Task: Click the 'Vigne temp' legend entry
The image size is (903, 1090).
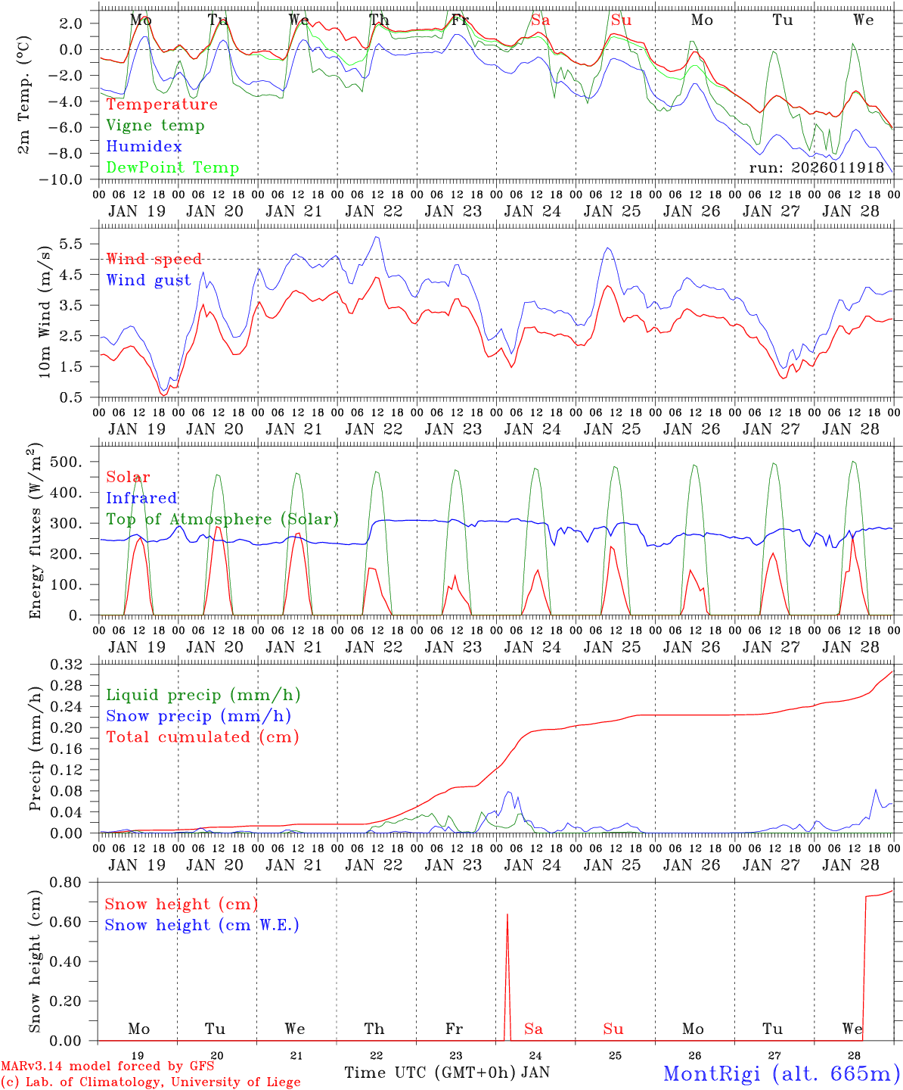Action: [155, 126]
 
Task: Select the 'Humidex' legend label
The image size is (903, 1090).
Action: [144, 147]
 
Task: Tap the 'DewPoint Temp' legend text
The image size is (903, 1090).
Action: [172, 168]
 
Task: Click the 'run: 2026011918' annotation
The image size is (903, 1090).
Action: [816, 167]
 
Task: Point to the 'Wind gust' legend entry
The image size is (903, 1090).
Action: [148, 280]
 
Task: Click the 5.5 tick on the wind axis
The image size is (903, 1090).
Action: [74, 244]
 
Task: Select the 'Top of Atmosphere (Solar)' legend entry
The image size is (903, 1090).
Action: [222, 519]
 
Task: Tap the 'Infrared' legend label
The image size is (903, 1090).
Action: [141, 498]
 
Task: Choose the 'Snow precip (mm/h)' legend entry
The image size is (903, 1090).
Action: [198, 716]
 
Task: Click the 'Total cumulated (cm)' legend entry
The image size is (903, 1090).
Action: [202, 737]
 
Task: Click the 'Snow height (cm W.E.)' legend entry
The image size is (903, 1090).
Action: [201, 925]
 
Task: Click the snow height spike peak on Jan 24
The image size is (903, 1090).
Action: [507, 914]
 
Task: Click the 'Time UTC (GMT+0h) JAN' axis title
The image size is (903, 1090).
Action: [446, 1073]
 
